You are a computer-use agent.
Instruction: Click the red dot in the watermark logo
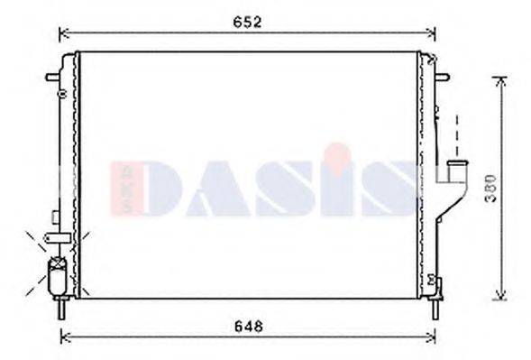click(337, 150)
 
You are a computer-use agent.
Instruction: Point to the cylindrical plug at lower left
click(56, 271)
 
